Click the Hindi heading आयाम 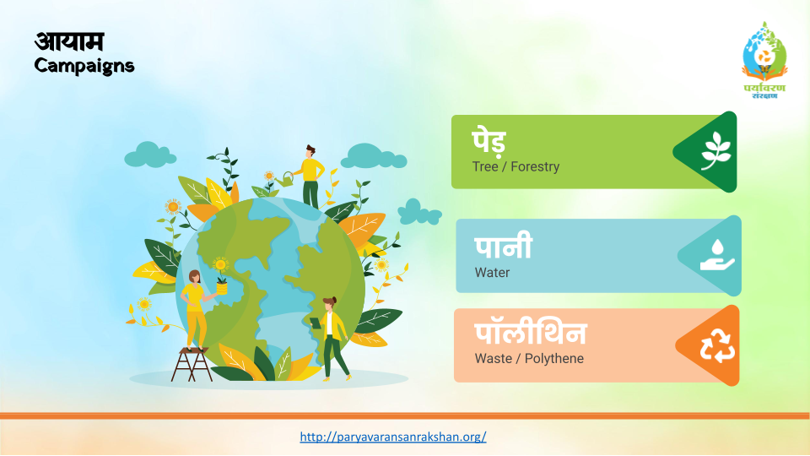[x=69, y=41]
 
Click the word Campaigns [x=84, y=66]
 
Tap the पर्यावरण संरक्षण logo [x=764, y=60]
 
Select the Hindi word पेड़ [x=489, y=142]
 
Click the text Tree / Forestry [x=516, y=166]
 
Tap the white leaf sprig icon [x=716, y=151]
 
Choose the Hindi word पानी [x=503, y=247]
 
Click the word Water [x=492, y=273]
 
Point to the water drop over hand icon [x=717, y=255]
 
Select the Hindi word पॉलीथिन [x=531, y=334]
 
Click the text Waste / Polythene [x=529, y=358]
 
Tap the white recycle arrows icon [x=717, y=345]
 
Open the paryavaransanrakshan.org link [x=393, y=437]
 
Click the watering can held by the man [x=284, y=179]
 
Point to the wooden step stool [x=192, y=365]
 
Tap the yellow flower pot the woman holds [x=222, y=287]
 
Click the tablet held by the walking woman [x=315, y=323]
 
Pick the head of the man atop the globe [x=310, y=151]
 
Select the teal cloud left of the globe [x=150, y=155]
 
